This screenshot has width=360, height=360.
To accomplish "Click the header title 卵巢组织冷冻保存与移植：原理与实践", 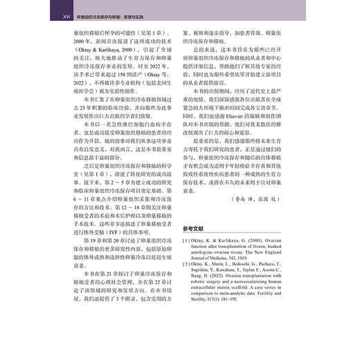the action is [x=102, y=11].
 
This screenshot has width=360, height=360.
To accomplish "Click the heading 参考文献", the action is [x=203, y=228].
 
